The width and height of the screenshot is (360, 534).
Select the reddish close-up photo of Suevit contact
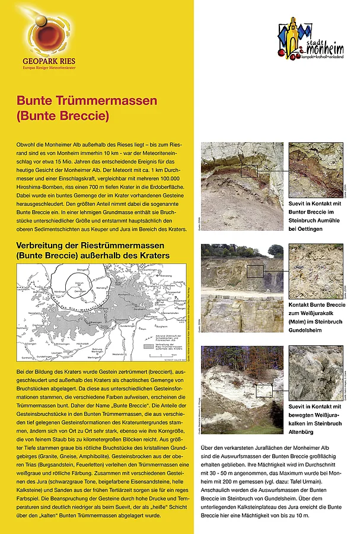[316, 169]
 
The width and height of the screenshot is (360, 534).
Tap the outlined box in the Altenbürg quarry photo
[264, 389]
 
